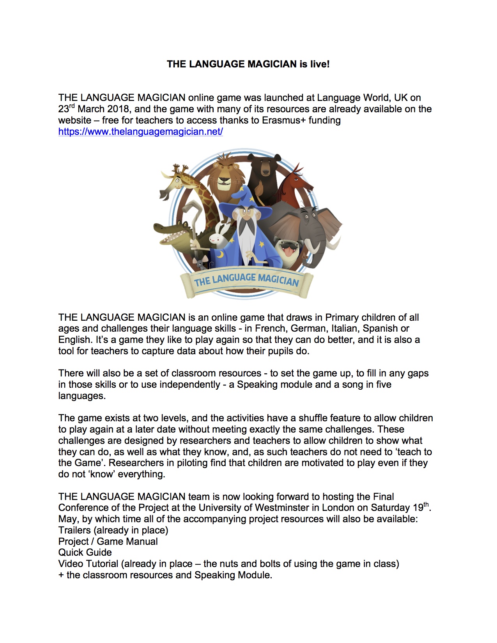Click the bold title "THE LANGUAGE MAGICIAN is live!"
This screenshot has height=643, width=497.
[248, 64]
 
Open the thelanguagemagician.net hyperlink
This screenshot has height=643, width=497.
[140, 132]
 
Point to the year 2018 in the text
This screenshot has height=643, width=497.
[119, 109]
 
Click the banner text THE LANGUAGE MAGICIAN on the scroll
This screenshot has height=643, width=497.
[246, 280]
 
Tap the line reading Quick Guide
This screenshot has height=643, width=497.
[85, 553]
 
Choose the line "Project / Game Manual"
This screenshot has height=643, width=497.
[108, 542]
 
